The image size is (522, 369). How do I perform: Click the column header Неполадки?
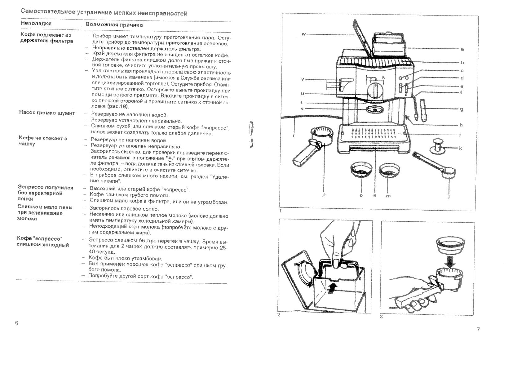(36, 23)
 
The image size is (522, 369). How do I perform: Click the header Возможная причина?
(114, 25)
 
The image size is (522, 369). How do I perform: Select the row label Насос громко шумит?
(47, 113)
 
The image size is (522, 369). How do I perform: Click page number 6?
(17, 323)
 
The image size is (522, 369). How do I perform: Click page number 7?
(478, 329)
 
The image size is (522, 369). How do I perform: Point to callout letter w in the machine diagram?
(303, 34)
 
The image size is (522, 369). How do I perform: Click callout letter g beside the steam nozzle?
(462, 109)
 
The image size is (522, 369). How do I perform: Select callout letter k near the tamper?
(461, 149)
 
